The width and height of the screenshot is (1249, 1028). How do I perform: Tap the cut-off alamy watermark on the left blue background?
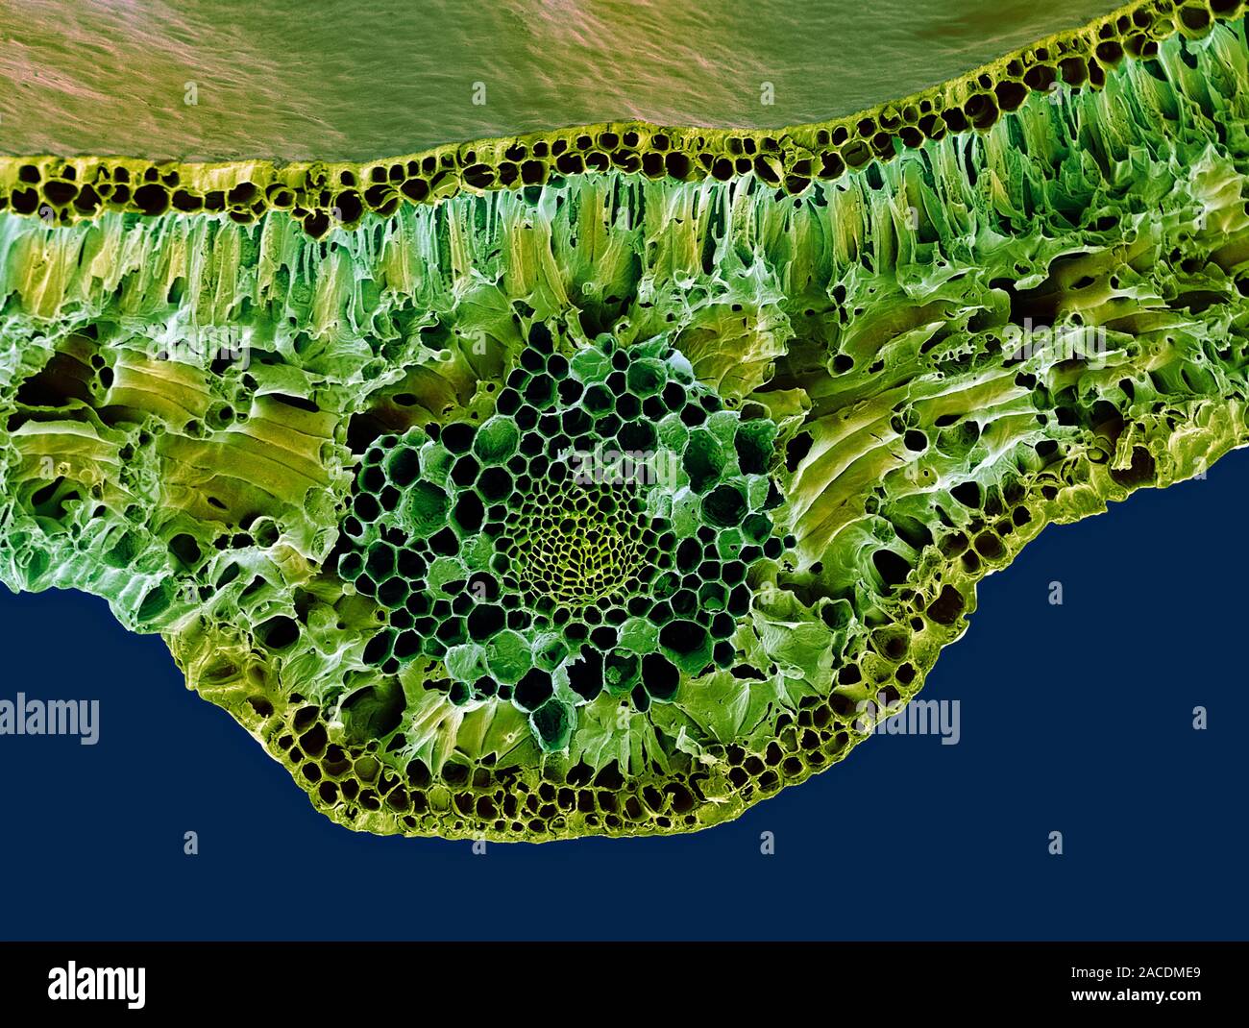pyautogui.click(x=48, y=722)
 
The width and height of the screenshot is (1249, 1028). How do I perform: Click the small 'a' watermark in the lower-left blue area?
pyautogui.click(x=190, y=844)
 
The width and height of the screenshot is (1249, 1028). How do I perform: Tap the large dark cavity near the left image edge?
pyautogui.click(x=38, y=384)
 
